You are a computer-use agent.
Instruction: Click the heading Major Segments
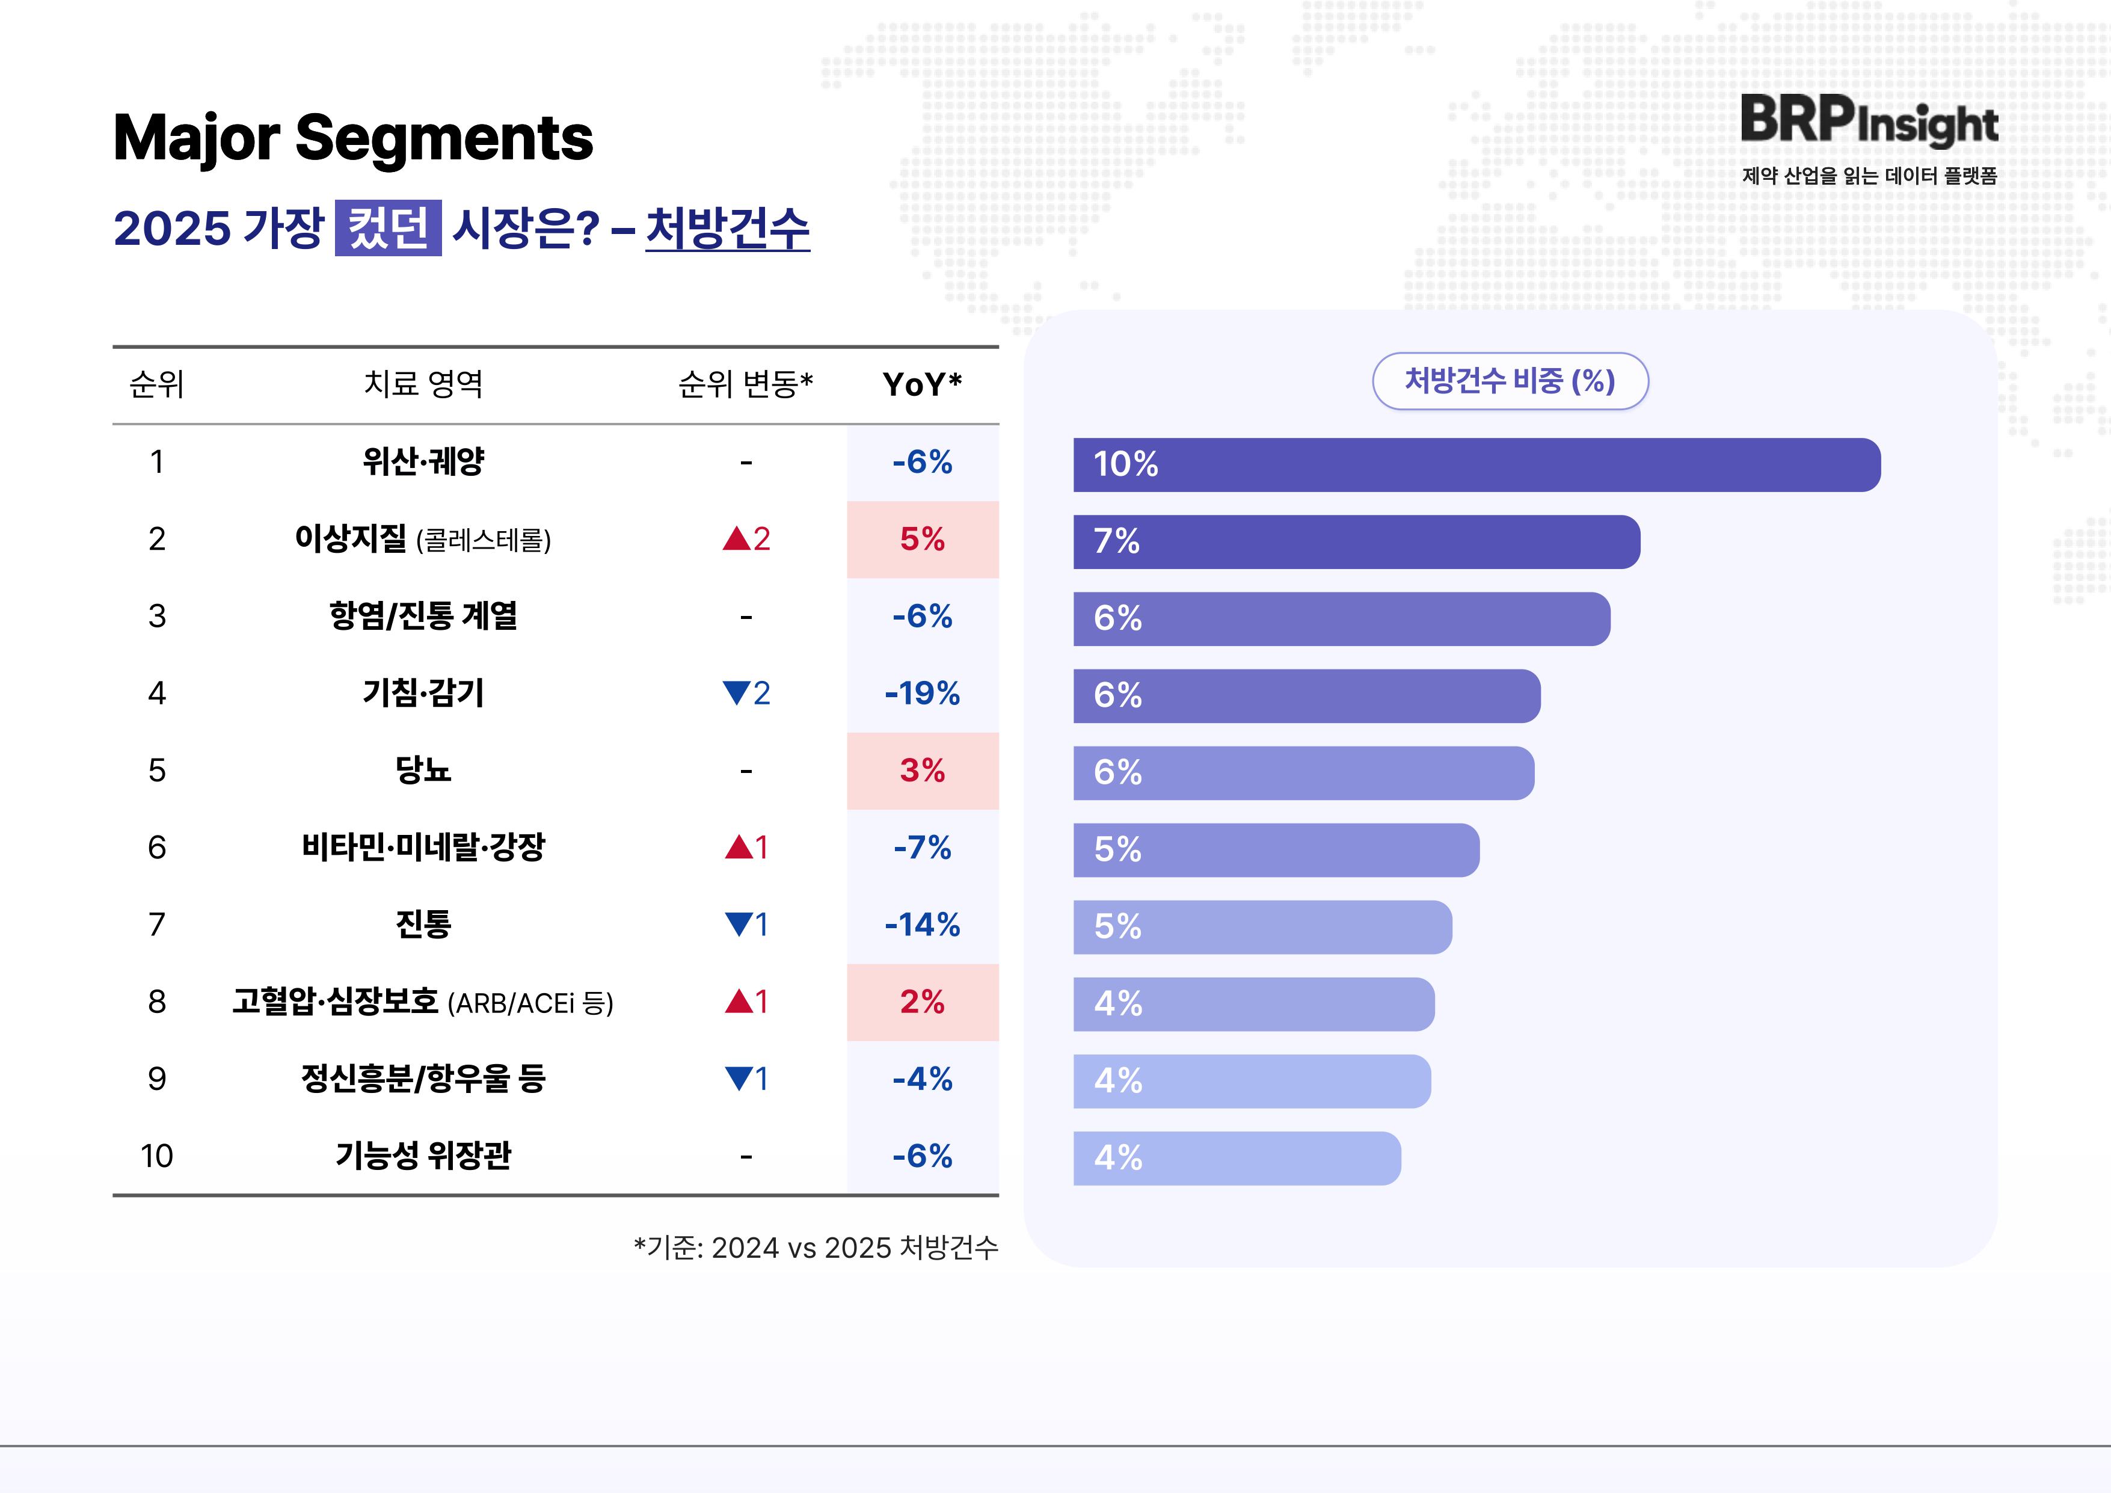coord(353,138)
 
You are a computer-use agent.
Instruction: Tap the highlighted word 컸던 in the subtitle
coord(388,227)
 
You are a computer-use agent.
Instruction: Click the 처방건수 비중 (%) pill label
coord(1510,381)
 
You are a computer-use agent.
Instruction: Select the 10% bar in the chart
coord(1476,464)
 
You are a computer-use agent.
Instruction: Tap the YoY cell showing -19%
coord(922,693)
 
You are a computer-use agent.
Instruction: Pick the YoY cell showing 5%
coord(922,539)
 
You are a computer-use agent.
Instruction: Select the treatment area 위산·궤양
coord(423,461)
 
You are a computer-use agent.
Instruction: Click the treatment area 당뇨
coord(423,771)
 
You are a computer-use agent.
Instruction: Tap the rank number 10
coord(156,1156)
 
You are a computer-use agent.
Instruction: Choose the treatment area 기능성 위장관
coord(423,1156)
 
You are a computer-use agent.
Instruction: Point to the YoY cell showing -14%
coord(922,925)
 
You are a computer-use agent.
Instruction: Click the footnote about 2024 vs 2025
coord(816,1248)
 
